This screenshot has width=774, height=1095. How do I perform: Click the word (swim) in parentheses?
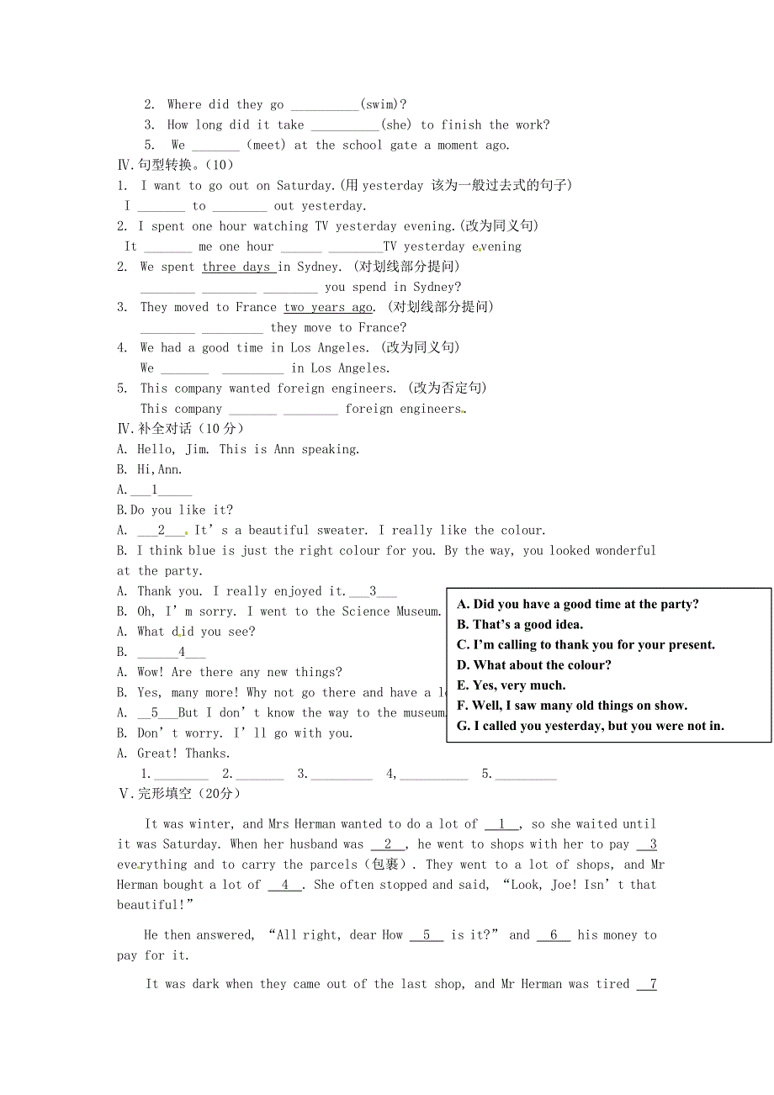click(383, 104)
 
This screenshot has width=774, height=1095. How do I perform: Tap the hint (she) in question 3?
click(396, 124)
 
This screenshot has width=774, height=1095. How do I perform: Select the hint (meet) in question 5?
click(266, 145)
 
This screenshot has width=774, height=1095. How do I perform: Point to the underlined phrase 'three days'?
click(237, 267)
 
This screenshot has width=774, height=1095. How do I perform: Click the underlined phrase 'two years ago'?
click(328, 307)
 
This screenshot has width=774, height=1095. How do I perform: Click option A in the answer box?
click(577, 604)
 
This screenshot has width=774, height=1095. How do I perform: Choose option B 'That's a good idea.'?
click(519, 624)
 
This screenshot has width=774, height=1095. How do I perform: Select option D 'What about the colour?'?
click(533, 664)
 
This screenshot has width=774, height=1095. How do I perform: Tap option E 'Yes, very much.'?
click(511, 685)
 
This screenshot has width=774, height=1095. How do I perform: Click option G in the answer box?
click(590, 725)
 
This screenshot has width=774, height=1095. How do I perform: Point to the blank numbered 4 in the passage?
click(285, 885)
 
